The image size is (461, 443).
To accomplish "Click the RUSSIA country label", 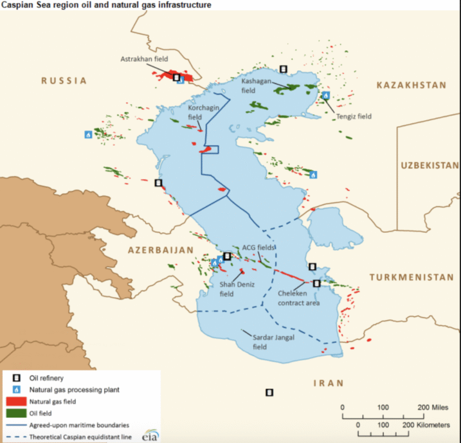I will click(x=64, y=80).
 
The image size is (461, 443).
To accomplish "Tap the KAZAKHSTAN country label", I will click(x=411, y=85).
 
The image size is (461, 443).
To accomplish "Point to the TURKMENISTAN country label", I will click(x=411, y=277).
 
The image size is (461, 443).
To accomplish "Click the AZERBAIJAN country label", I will click(x=160, y=250).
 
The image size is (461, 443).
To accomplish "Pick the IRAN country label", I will click(x=328, y=383).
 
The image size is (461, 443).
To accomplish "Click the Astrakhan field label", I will click(x=144, y=59).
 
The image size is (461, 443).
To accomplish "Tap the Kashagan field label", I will click(x=256, y=85).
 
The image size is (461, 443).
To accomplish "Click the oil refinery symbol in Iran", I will click(x=270, y=393).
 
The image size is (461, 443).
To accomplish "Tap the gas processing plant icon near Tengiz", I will click(x=326, y=95).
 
